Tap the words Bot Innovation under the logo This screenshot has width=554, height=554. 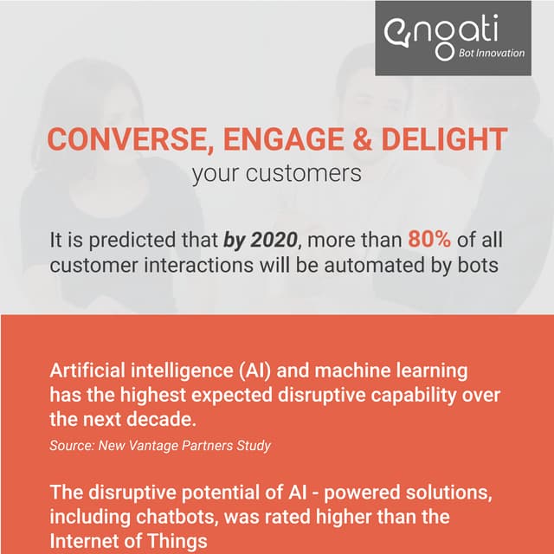pyautogui.click(x=491, y=53)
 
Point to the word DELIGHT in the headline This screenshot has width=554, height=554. pyautogui.click(x=443, y=139)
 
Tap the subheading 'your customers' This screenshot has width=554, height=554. pyautogui.click(x=276, y=173)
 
